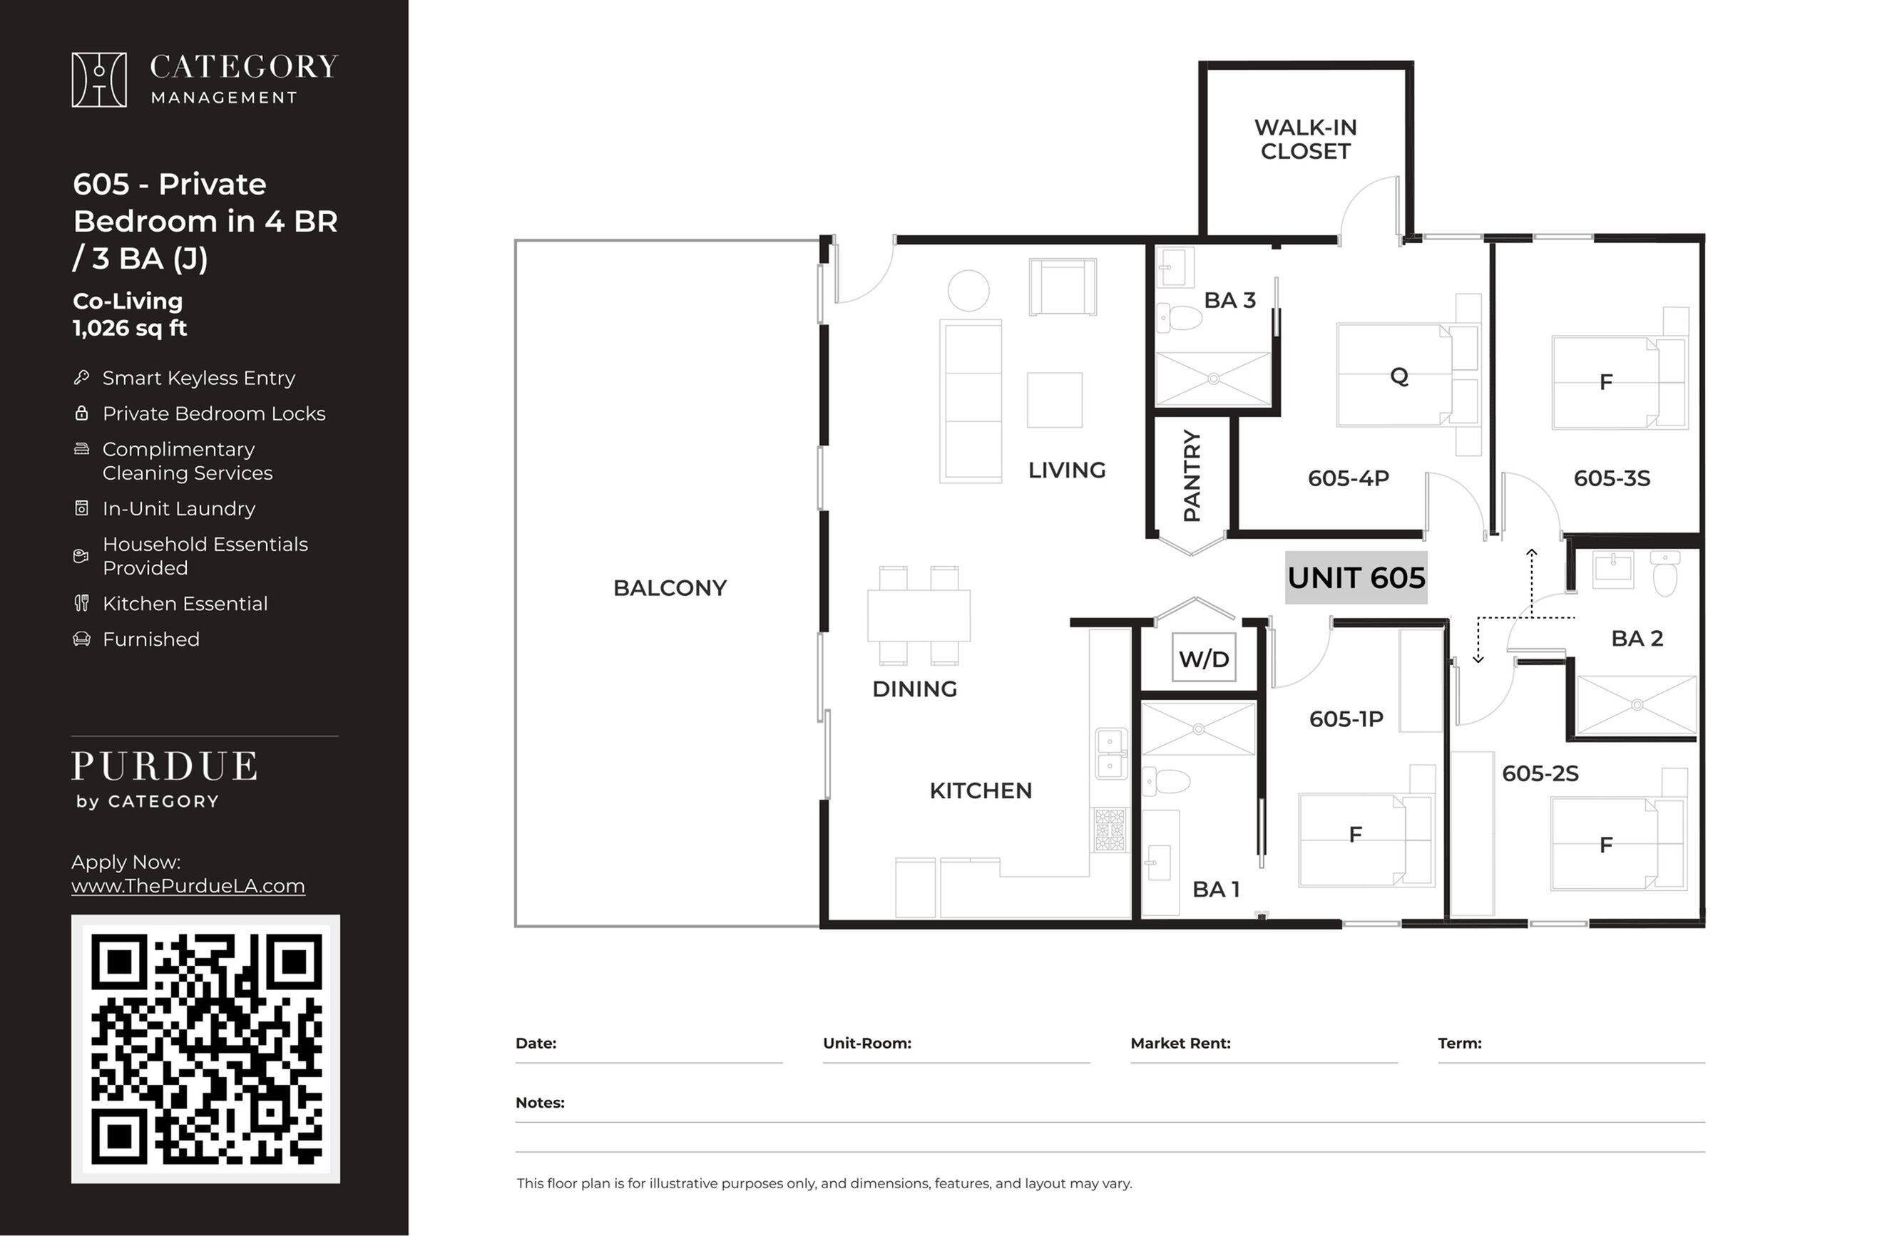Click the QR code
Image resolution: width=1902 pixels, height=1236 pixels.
205,1049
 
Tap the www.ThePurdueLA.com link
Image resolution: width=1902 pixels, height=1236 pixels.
188,886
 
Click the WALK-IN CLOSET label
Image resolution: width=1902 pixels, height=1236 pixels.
1305,139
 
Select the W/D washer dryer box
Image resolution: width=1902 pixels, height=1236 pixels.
1204,657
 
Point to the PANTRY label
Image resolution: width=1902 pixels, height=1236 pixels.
1192,475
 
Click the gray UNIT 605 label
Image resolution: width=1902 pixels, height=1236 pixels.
1356,577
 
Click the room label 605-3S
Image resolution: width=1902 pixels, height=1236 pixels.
1611,478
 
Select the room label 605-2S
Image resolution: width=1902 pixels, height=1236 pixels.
1540,773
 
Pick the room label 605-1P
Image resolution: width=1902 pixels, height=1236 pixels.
1346,719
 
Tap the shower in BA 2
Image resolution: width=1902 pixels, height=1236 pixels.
1637,705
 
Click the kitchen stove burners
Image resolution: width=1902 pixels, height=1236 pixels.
1109,830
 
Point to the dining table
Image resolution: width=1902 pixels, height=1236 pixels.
919,615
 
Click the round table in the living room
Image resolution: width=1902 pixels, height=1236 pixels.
968,290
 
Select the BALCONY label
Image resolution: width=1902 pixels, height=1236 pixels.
670,588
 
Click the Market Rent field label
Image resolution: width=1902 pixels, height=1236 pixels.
1180,1043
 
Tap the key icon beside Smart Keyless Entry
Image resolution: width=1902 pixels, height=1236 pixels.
81,377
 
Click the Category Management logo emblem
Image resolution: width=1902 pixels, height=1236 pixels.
99,80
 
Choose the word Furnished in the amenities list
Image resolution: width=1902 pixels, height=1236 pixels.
151,639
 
